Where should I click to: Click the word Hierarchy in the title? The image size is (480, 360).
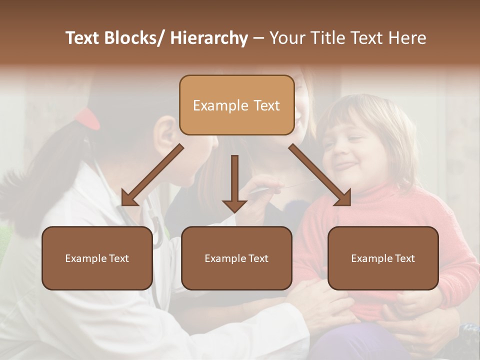(x=208, y=38)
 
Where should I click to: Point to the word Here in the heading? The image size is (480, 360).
(x=407, y=38)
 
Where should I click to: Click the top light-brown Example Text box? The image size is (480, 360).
(x=236, y=105)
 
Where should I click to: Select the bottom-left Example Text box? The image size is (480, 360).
(x=97, y=258)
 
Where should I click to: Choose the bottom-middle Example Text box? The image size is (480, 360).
(x=236, y=258)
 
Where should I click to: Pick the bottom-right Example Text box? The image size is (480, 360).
(x=383, y=258)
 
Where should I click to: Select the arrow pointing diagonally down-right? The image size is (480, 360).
(x=320, y=175)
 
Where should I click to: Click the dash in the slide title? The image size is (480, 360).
(x=258, y=38)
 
